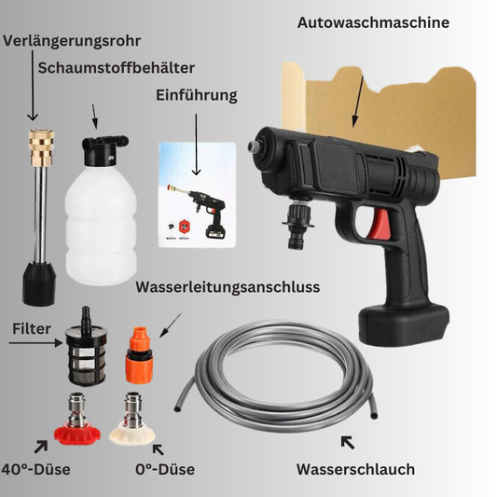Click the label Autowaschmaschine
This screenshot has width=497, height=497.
[373, 22]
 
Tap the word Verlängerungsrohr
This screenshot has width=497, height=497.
[72, 41]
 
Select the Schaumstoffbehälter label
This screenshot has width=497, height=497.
[117, 68]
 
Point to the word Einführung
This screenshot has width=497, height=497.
[197, 95]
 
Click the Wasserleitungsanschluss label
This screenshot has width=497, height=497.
[228, 287]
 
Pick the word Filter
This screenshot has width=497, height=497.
[32, 329]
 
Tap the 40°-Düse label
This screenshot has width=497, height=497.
[35, 469]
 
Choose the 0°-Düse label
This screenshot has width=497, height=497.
[165, 469]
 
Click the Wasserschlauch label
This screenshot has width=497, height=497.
[355, 469]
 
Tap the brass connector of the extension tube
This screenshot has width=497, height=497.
[42, 148]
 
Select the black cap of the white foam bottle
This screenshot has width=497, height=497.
[104, 149]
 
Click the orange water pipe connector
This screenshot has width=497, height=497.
[139, 354]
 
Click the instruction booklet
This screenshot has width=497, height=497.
[197, 195]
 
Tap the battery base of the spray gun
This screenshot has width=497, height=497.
[404, 324]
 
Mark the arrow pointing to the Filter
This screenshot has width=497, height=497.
[35, 343]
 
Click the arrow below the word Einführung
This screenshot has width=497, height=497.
[196, 145]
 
